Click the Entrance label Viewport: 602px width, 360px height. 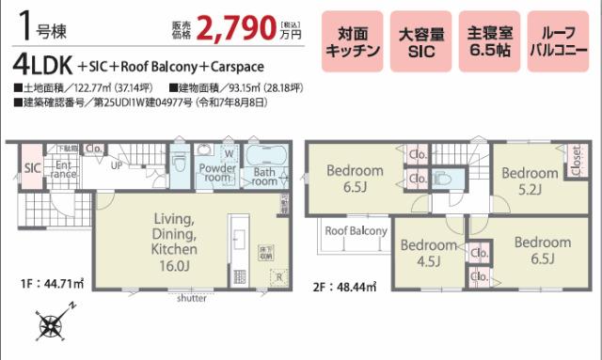[x=64, y=169]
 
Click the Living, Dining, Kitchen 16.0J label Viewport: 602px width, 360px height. [x=174, y=242]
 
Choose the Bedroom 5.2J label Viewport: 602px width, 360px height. [x=529, y=180]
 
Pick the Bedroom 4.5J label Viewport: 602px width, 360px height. [x=428, y=252]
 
